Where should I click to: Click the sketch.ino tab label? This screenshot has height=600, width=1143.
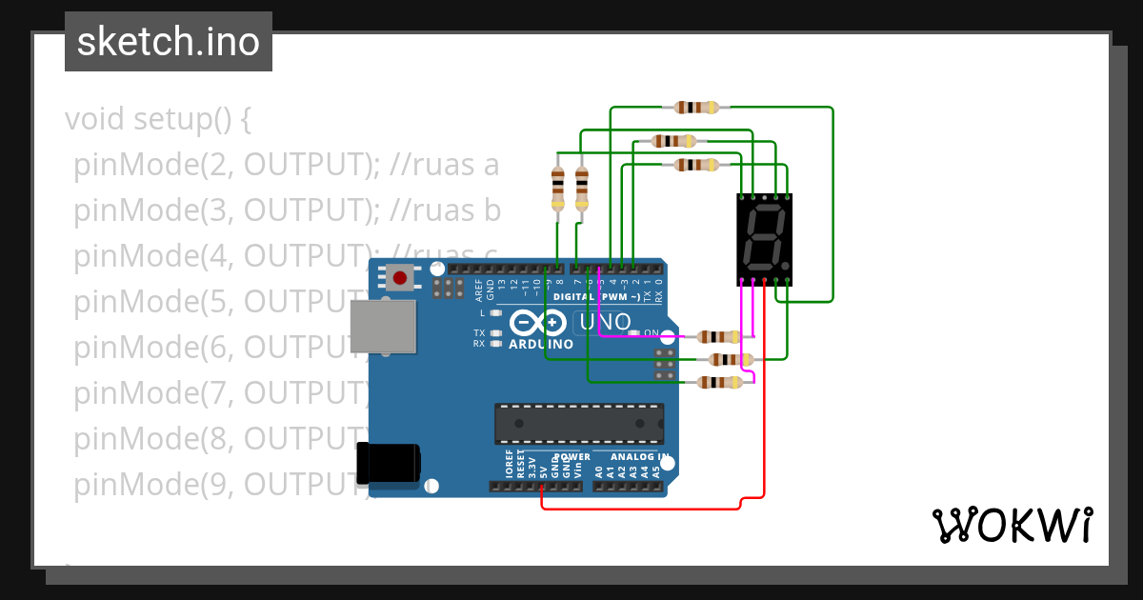click(169, 42)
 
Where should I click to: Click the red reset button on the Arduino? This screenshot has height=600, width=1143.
click(400, 278)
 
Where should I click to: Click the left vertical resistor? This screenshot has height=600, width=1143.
click(557, 189)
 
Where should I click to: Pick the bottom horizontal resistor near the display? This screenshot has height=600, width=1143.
click(719, 382)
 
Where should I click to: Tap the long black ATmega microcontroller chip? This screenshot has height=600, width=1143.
click(578, 424)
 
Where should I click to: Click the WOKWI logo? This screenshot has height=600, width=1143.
click(1012, 526)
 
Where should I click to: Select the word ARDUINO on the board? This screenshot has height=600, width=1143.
click(541, 344)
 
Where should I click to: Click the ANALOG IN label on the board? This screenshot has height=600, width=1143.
click(632, 457)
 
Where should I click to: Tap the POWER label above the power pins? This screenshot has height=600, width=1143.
click(572, 457)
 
